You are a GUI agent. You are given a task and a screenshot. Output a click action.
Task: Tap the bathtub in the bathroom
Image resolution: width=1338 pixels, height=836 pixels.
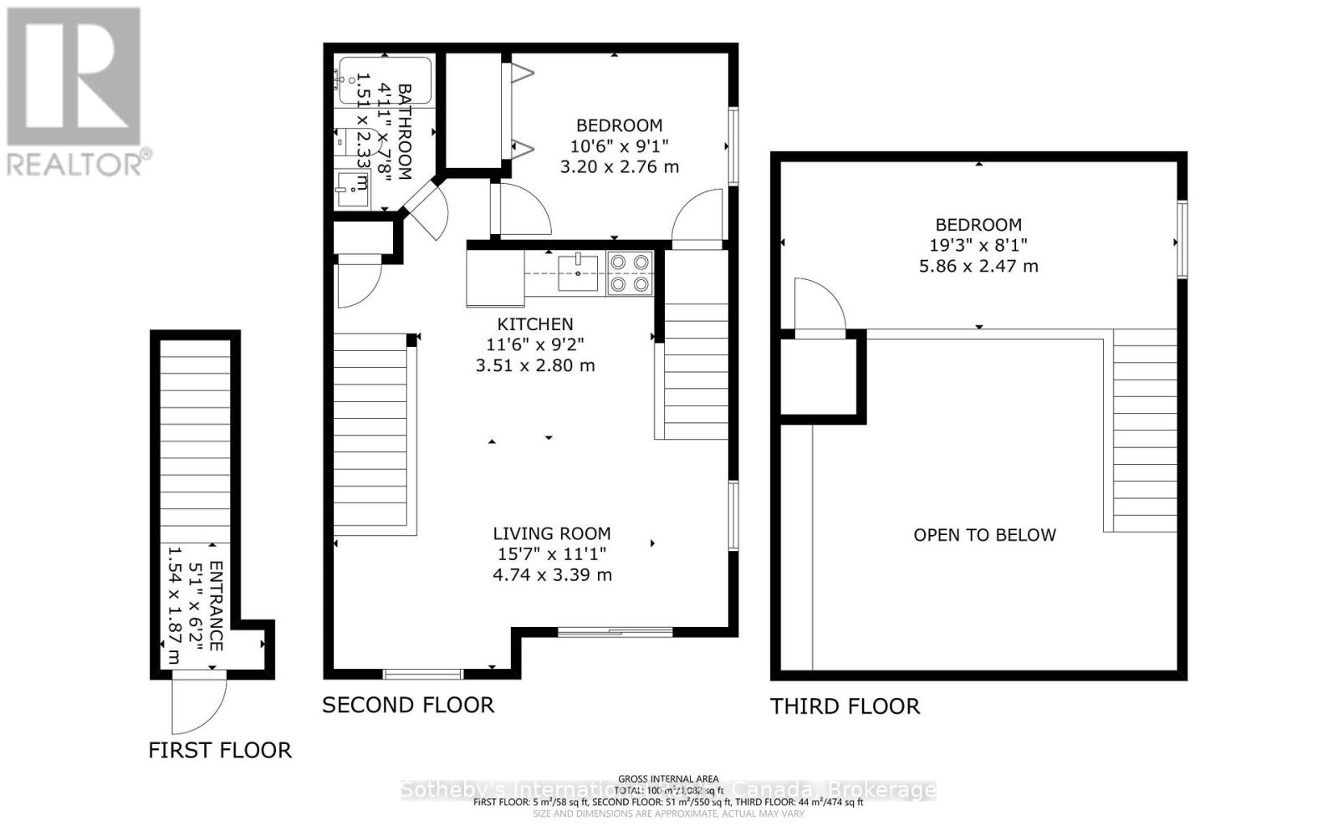coord(385,80)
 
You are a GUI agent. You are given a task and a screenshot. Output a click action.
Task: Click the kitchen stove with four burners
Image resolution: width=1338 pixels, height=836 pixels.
coord(630,273)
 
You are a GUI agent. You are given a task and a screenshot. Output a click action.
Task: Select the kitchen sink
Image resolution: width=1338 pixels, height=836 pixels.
coord(578,273)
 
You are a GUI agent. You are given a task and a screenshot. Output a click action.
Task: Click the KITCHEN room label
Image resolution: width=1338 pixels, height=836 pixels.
coord(535,324)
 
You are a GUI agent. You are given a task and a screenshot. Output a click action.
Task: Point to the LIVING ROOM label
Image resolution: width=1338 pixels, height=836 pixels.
coord(551,533)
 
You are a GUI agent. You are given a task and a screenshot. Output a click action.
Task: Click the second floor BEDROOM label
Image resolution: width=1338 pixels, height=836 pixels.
coord(619,125)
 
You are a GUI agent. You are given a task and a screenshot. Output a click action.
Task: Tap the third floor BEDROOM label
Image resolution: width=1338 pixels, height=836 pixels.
coord(978,225)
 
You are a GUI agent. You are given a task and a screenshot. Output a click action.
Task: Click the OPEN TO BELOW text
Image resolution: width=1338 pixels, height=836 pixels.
coord(984,535)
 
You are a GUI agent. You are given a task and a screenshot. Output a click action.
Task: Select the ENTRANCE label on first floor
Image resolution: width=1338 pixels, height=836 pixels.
coord(216,606)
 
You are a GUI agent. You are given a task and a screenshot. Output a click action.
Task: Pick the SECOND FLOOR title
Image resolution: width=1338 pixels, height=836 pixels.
coord(408,706)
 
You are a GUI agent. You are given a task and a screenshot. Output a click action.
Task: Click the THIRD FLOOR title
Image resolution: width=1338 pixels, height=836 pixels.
coord(845,707)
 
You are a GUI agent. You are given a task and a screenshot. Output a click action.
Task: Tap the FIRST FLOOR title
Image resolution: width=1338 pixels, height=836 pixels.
coord(220,751)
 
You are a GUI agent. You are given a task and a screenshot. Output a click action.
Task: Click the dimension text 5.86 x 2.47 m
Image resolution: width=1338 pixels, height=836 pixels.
coord(978,267)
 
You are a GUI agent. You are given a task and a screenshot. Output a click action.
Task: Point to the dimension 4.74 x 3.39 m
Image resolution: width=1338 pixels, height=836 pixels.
coord(551,575)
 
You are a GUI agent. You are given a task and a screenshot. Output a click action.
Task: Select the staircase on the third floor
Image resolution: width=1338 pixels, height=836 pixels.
coord(1145,431)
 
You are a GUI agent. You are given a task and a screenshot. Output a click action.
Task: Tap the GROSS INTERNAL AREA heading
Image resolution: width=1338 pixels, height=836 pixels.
coord(668,779)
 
